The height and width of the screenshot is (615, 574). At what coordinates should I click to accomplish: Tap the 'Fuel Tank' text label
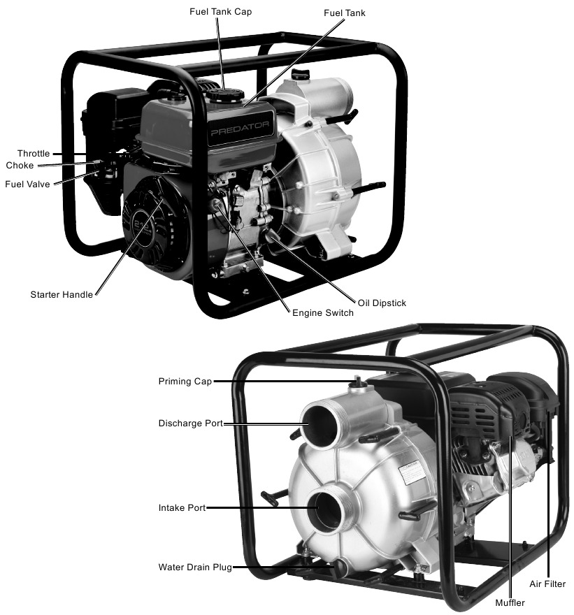pyautogui.click(x=345, y=13)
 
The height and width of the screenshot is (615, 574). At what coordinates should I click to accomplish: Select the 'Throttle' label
pyautogui.click(x=34, y=154)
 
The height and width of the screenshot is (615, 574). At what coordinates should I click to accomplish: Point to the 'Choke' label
pyautogui.click(x=20, y=166)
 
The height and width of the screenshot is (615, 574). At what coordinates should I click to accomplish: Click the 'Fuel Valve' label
pyautogui.click(x=27, y=184)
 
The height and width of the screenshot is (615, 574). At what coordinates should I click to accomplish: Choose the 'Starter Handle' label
pyautogui.click(x=62, y=295)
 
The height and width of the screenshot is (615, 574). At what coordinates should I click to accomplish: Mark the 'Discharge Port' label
pyautogui.click(x=190, y=424)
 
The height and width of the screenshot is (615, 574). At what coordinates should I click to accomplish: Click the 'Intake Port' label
pyautogui.click(x=182, y=508)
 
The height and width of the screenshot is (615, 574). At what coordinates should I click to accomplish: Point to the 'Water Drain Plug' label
pyautogui.click(x=195, y=567)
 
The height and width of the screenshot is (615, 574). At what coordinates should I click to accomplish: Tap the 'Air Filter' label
pyautogui.click(x=547, y=584)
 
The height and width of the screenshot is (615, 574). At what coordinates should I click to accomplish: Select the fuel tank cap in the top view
pyautogui.click(x=225, y=94)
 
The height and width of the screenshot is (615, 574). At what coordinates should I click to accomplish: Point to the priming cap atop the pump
pyautogui.click(x=358, y=382)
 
